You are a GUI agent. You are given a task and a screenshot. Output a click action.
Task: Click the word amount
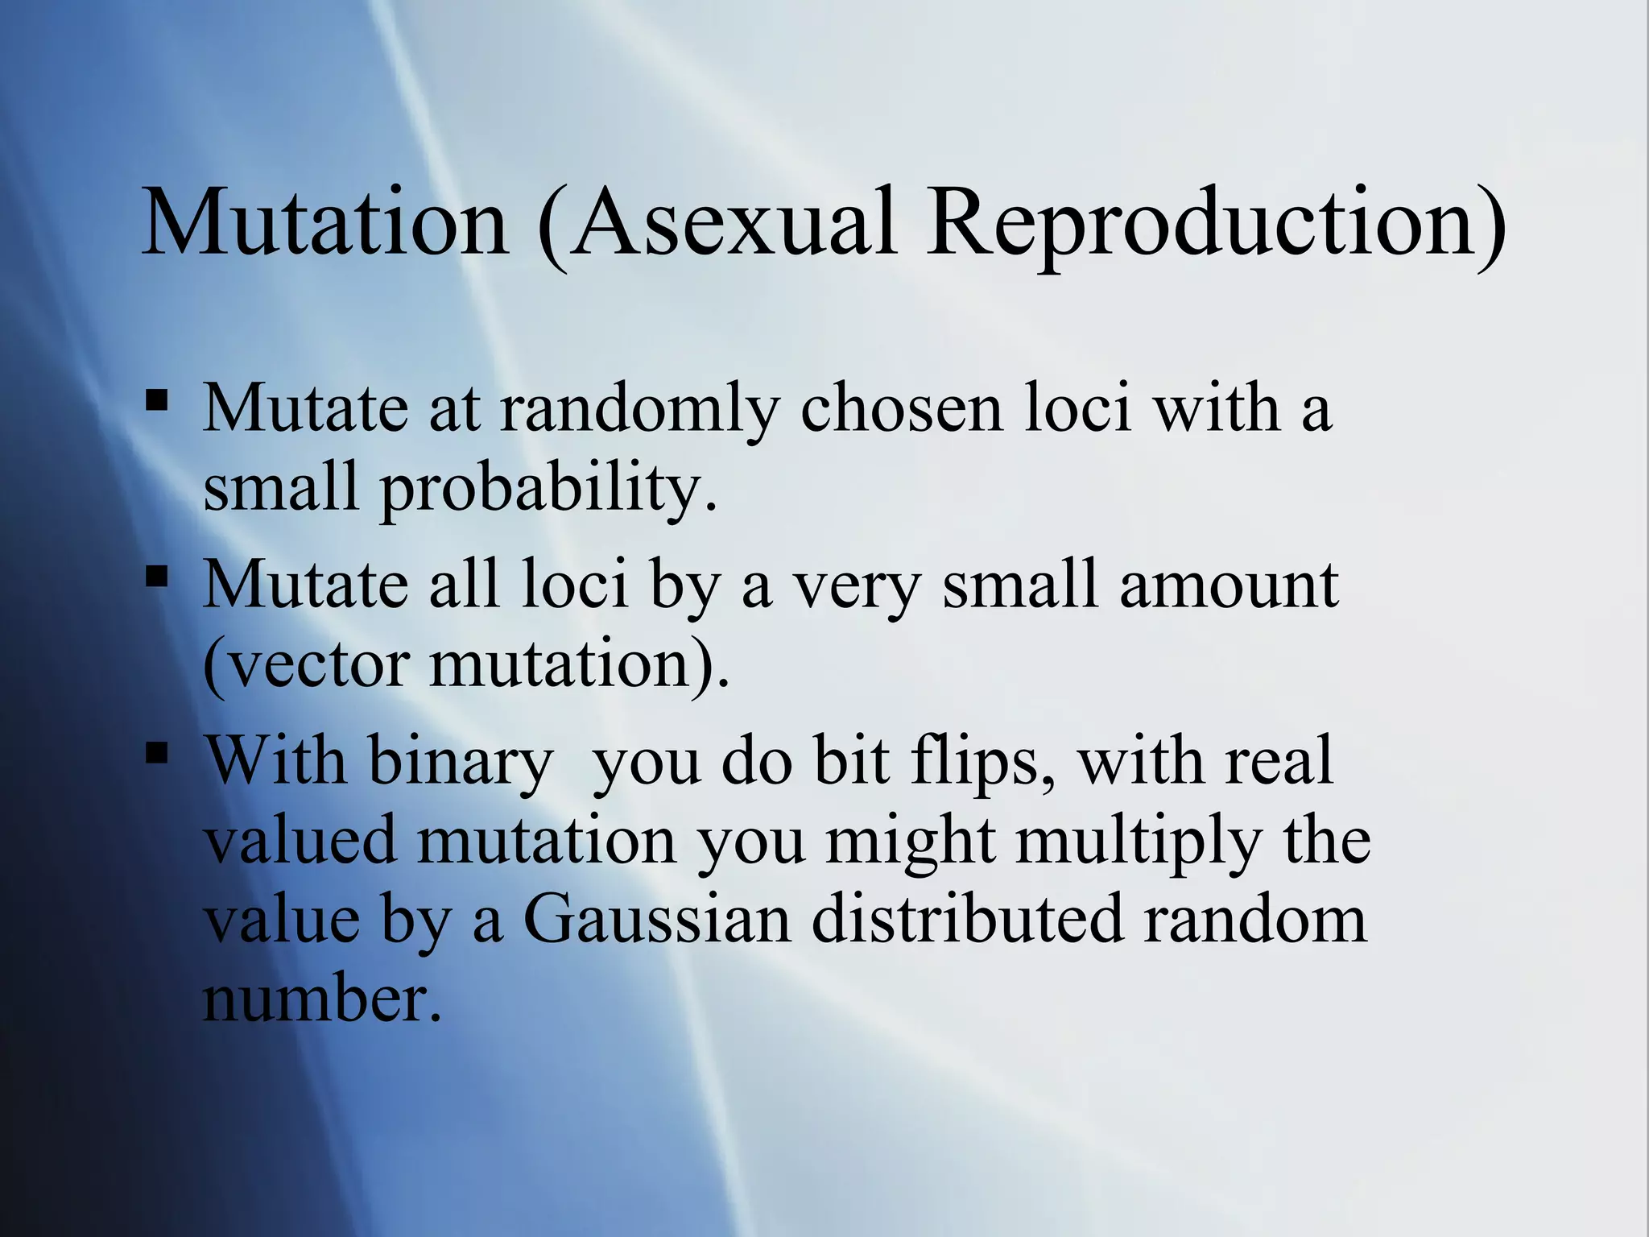(x=1229, y=584)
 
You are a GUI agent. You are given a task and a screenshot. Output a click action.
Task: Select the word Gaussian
(x=656, y=921)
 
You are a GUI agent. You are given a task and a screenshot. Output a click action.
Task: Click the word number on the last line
(x=322, y=999)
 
